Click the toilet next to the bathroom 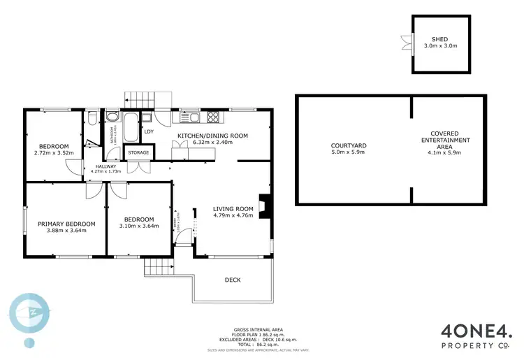coord(92,120)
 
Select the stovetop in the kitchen coord(213,117)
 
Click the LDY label coord(149,131)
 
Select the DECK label coord(233,280)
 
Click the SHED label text coord(439,40)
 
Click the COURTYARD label coord(349,146)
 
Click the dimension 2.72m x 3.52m coord(53,152)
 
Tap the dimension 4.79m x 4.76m coord(233,215)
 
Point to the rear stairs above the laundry coord(149,99)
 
